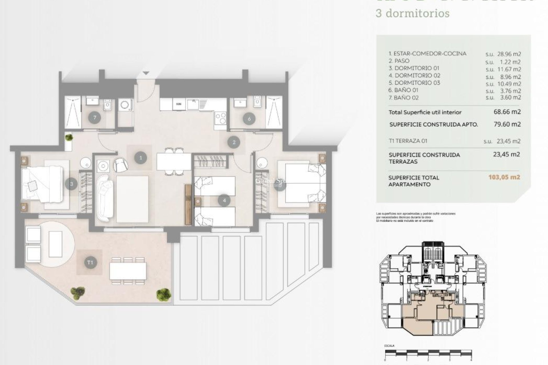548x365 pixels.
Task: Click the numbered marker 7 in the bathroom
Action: coord(94,118)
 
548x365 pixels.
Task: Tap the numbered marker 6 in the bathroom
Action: coord(249,118)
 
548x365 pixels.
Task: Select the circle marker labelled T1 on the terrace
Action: coord(90,262)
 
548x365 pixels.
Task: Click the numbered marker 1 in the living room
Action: coord(140,157)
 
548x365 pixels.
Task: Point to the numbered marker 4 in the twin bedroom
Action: coord(224,200)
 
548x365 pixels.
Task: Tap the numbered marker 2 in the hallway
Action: coord(234,142)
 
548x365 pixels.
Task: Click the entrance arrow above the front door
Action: coord(146,73)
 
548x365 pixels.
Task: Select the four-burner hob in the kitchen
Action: coord(220,117)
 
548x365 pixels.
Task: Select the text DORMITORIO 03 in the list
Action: coord(413,83)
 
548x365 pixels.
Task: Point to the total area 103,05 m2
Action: coord(504,177)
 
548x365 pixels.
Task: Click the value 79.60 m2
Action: coord(507,124)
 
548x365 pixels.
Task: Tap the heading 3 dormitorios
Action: coord(412,13)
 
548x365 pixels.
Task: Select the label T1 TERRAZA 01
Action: coord(408,141)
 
